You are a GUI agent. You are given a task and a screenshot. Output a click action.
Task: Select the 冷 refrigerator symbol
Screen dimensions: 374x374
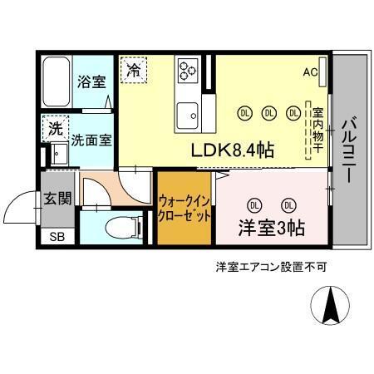(x=133, y=71)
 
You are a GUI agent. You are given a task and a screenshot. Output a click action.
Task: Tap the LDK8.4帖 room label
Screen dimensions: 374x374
(x=234, y=150)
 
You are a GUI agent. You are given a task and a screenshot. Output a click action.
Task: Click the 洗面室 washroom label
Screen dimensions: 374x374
(x=91, y=140)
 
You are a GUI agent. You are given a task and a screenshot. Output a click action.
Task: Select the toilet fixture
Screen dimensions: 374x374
(x=119, y=226)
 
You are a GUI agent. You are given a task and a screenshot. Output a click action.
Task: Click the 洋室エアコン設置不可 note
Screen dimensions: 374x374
(x=271, y=268)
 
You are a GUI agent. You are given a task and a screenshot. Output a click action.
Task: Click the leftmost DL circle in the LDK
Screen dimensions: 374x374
(x=244, y=112)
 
